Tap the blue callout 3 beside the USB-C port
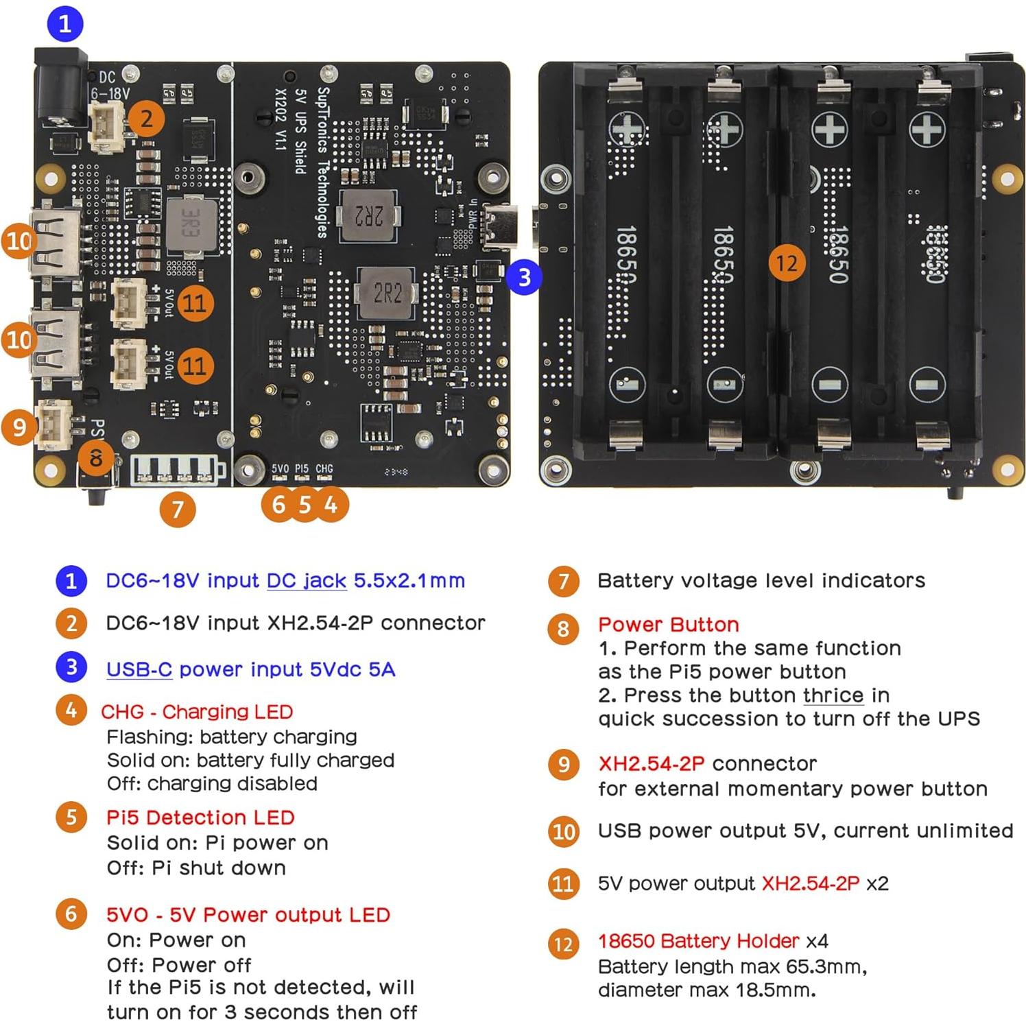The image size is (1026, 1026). pyautogui.click(x=524, y=277)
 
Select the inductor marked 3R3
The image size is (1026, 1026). pyautogui.click(x=191, y=224)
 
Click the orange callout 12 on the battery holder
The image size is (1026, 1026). pyautogui.click(x=787, y=263)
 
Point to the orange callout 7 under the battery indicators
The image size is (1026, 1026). pyautogui.click(x=178, y=509)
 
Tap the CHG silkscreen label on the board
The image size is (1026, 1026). pyautogui.click(x=324, y=468)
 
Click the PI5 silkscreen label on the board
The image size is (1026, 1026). pyautogui.click(x=302, y=468)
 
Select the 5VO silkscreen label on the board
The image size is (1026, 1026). pyautogui.click(x=280, y=468)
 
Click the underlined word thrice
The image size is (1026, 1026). pyautogui.click(x=833, y=695)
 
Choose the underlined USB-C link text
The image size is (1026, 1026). pyautogui.click(x=139, y=669)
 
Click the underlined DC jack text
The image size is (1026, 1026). pyautogui.click(x=306, y=580)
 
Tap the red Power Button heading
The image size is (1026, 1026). pyautogui.click(x=668, y=624)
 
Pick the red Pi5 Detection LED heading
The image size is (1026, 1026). pyautogui.click(x=200, y=817)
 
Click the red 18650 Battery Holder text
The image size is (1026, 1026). pyautogui.click(x=698, y=940)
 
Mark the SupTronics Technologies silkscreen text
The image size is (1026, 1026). pyautogui.click(x=323, y=162)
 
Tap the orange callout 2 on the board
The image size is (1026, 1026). pyautogui.click(x=147, y=119)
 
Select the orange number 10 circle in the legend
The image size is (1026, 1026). pyautogui.click(x=563, y=831)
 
